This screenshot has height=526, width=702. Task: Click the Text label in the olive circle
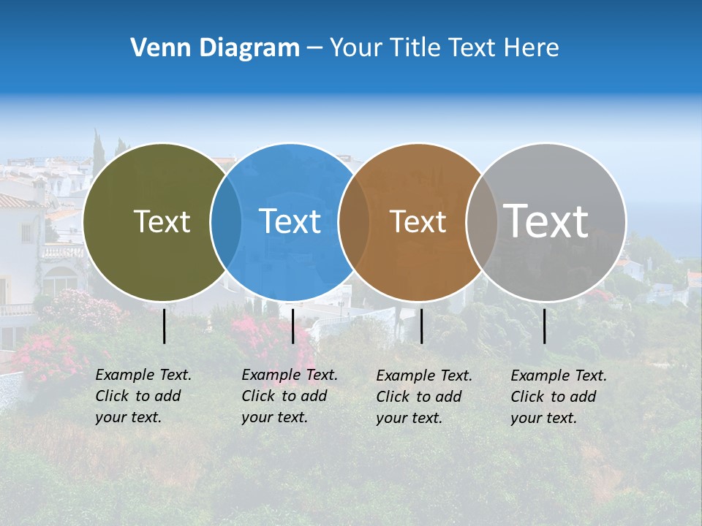coord(162,221)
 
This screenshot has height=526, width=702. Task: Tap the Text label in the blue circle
coord(290,221)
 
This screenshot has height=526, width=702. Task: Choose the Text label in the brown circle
coord(418,221)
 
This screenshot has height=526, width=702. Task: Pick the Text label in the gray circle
coord(546,221)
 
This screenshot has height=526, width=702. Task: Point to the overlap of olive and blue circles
coord(226,222)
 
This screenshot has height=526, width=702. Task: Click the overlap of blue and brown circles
coord(354,222)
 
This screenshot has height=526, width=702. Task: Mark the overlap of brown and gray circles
coord(482,222)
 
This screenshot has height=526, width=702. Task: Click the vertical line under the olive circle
coord(165,326)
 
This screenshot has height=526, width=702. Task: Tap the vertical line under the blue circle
coord(292,326)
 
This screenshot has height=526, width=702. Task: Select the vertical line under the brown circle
coord(422,326)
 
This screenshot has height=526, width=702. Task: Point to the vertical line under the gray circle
coord(545,326)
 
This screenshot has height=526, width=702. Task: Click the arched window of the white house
coord(60,281)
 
